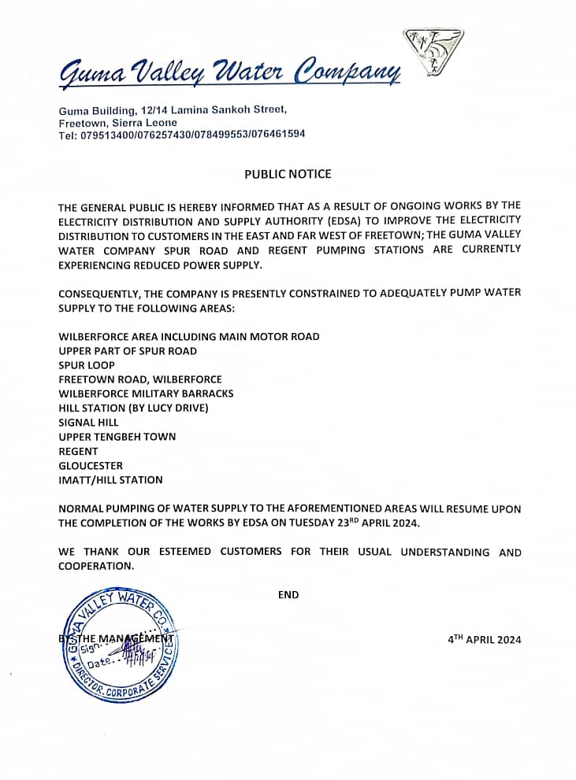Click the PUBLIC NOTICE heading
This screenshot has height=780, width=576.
(x=288, y=174)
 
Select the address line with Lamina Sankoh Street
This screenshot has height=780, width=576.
(x=173, y=109)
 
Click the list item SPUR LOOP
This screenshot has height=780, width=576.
(x=87, y=365)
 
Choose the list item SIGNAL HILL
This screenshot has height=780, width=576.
(x=88, y=423)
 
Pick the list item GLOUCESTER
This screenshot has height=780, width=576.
(x=91, y=466)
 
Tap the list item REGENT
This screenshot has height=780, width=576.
(x=78, y=452)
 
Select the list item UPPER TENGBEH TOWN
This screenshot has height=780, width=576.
(x=117, y=437)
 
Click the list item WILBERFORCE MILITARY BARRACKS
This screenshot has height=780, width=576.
(x=146, y=394)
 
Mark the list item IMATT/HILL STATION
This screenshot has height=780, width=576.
(x=110, y=480)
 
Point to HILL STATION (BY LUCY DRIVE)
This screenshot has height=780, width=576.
(x=133, y=408)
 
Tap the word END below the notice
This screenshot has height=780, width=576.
(x=288, y=595)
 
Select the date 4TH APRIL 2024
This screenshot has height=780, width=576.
(x=484, y=639)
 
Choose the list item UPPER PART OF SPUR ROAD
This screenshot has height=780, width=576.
(x=128, y=351)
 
